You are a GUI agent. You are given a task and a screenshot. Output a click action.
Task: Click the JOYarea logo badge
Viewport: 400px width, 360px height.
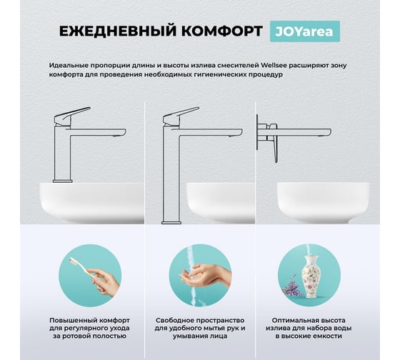point(305,31)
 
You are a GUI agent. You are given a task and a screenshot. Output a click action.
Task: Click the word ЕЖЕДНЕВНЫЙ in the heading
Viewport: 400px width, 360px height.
point(118,31)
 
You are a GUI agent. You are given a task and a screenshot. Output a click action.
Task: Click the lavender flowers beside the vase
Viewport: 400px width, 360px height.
point(292,286)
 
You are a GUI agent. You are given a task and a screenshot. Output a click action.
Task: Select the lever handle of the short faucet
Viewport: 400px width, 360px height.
point(72,116)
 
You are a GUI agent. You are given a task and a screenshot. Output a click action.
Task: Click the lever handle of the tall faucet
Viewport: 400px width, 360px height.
point(181,116)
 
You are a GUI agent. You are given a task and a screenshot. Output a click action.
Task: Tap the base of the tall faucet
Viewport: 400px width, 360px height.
point(171,223)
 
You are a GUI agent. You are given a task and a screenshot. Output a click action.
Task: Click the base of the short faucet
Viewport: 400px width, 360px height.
point(63,181)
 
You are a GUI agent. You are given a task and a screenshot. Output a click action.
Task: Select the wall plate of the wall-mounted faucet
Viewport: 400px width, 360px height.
point(257,132)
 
